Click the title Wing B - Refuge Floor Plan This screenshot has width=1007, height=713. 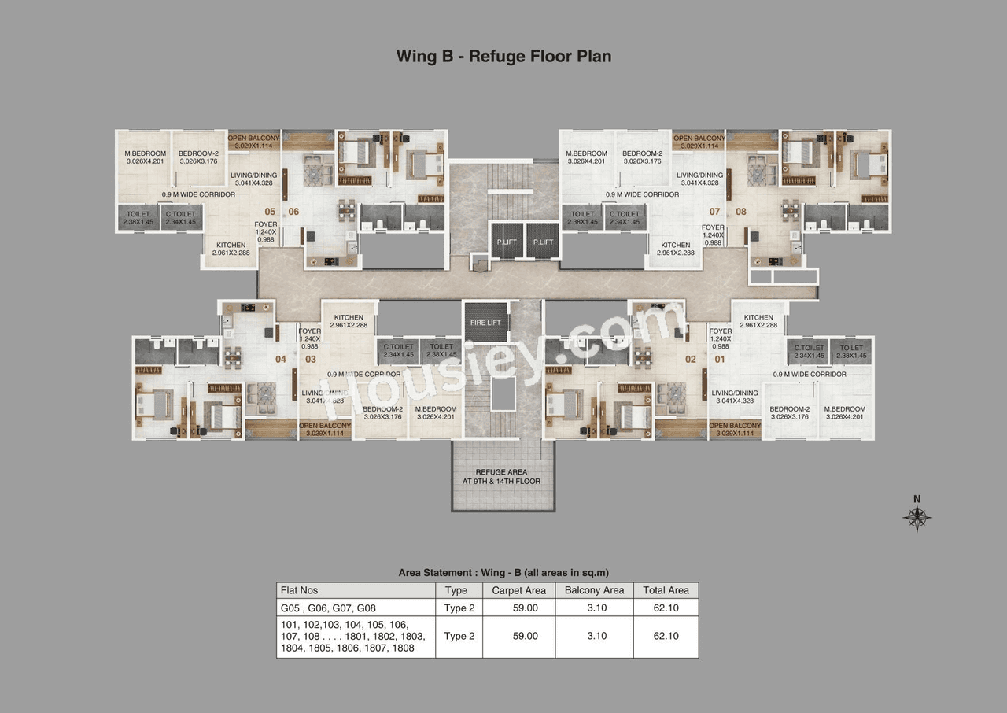click(x=503, y=56)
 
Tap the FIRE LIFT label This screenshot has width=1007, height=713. click(x=485, y=321)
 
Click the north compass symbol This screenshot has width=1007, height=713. click(x=917, y=515)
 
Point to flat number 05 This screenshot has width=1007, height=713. click(x=270, y=212)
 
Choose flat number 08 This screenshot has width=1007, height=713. click(x=740, y=212)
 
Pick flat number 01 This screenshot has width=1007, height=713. click(x=718, y=360)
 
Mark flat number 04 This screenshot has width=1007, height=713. click(x=281, y=360)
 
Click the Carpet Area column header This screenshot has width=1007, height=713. click(x=518, y=590)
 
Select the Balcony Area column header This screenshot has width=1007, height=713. click(x=594, y=590)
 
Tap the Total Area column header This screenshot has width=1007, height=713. click(x=666, y=590)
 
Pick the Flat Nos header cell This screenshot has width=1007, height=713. click(x=300, y=590)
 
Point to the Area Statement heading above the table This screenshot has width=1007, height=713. click(x=504, y=573)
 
